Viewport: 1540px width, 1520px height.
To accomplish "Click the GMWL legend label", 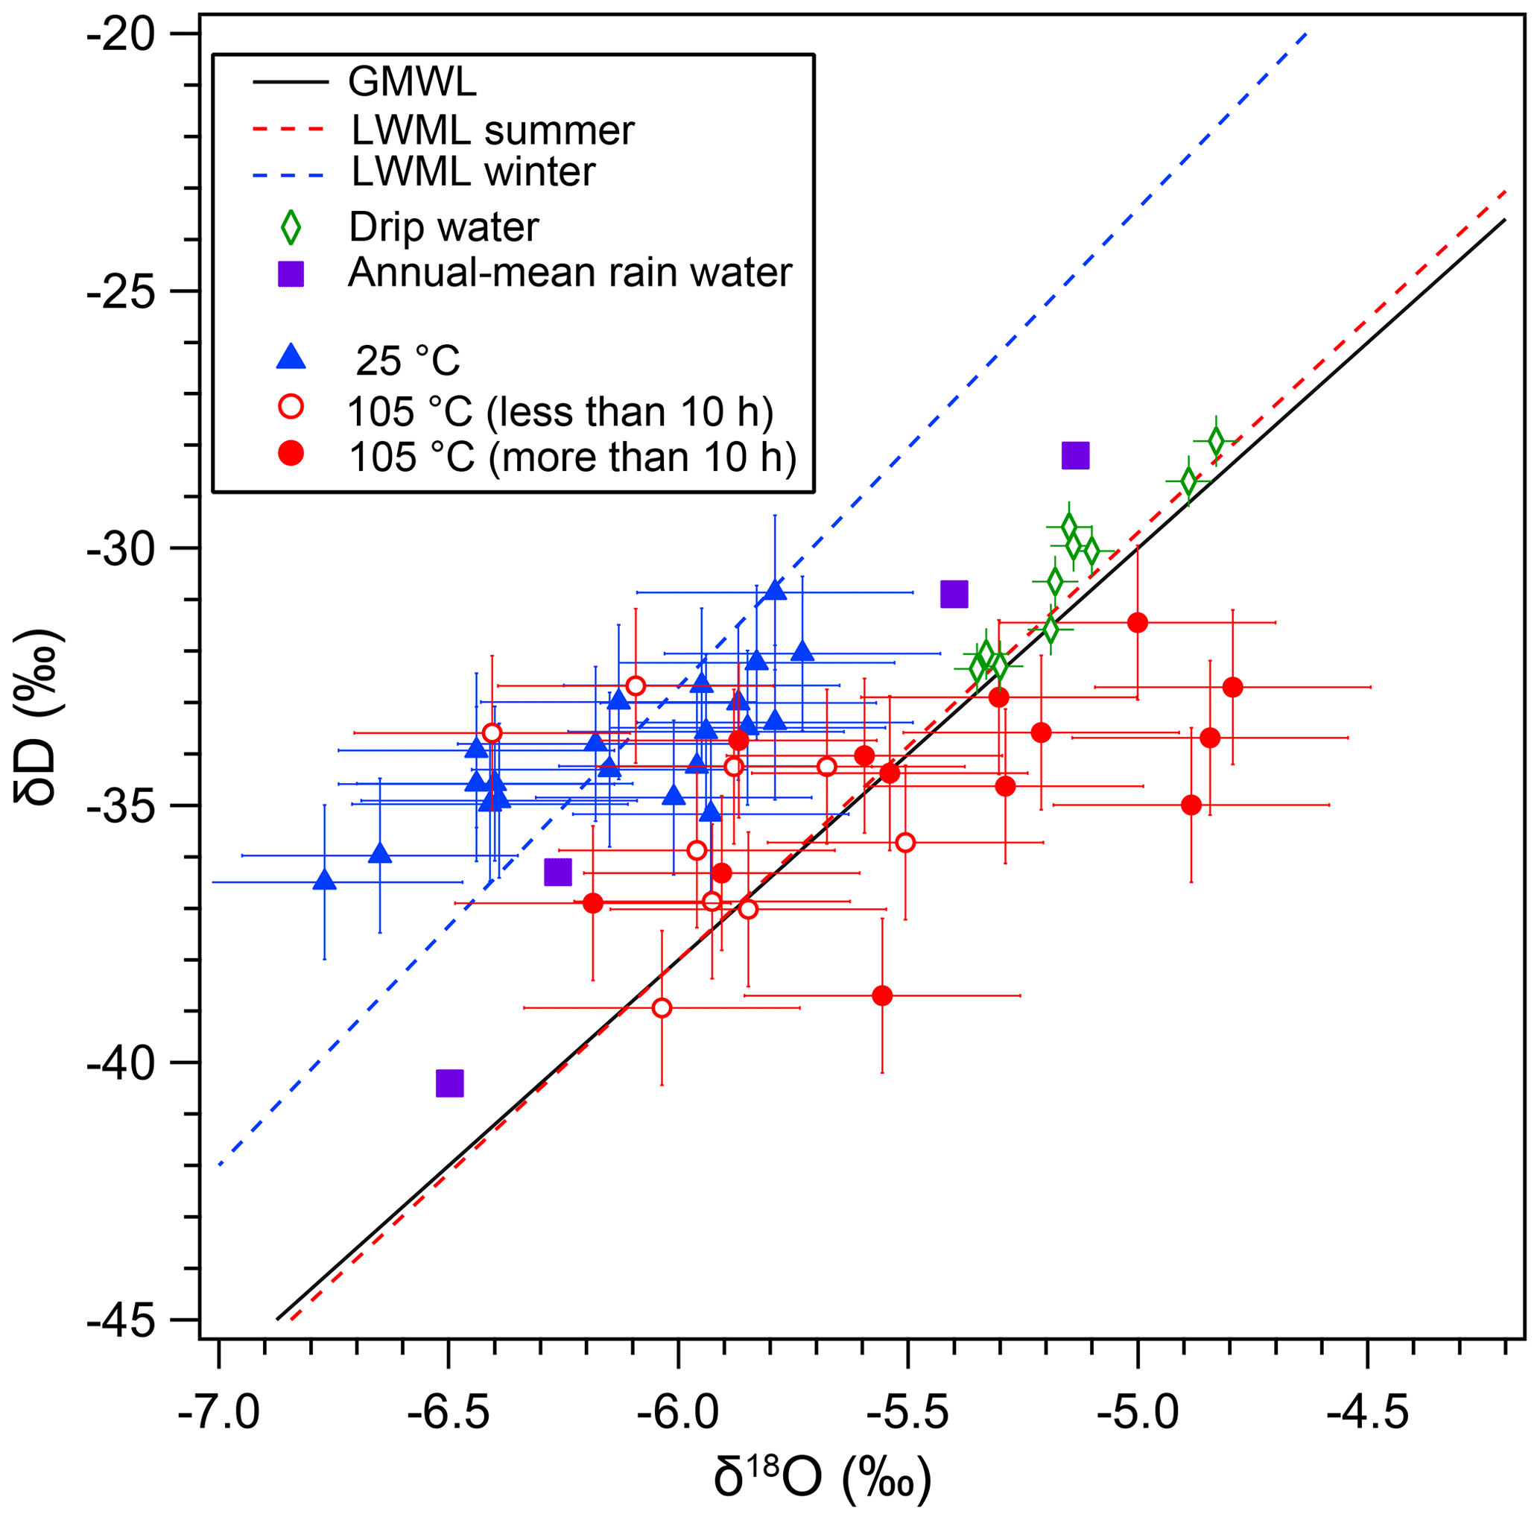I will [x=412, y=81].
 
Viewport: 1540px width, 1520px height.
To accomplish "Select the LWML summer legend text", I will [x=492, y=129].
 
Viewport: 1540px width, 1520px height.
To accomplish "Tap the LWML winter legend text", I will [x=474, y=172].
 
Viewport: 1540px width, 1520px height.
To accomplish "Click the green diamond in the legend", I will [x=291, y=227].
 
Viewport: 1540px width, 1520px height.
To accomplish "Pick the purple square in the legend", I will [x=291, y=274].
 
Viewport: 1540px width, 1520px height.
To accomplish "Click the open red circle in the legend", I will [x=293, y=408].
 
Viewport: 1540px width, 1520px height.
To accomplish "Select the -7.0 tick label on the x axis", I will [x=218, y=1416].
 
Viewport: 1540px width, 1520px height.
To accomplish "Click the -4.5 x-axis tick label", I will [x=1368, y=1416].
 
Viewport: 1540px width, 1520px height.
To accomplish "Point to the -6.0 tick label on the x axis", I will [x=678, y=1416].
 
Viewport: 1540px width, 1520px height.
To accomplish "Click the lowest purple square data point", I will [x=450, y=1083].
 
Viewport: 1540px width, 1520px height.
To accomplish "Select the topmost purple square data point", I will [x=1075, y=456].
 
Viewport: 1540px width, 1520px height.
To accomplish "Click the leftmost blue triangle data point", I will [x=324, y=881].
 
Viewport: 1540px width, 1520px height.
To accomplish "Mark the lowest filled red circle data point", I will [x=882, y=995].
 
